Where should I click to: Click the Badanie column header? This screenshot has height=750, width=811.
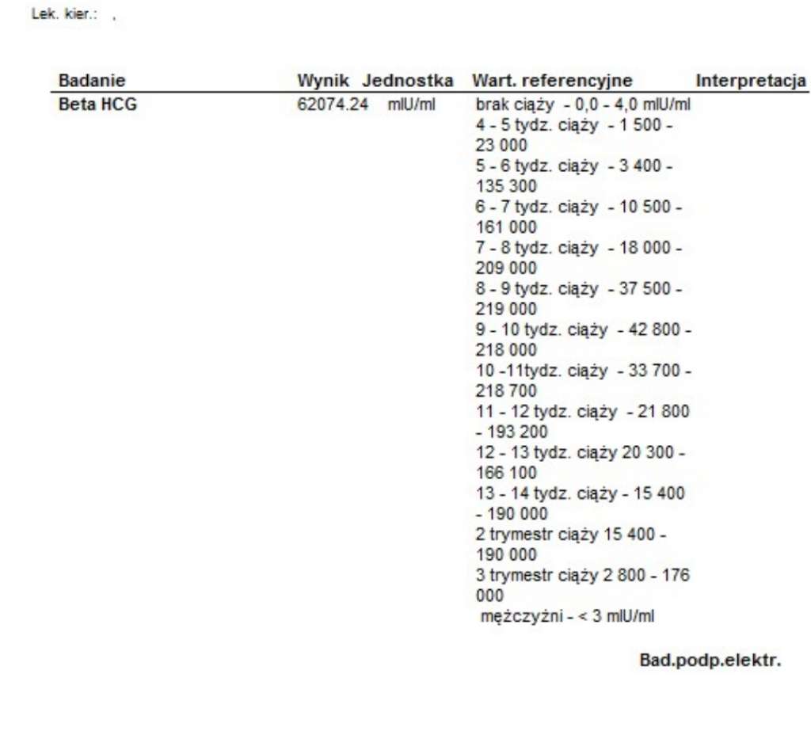click(92, 81)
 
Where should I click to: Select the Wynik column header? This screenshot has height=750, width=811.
click(326, 81)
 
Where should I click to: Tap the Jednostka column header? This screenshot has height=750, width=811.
click(408, 81)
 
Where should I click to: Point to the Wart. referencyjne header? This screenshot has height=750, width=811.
click(552, 81)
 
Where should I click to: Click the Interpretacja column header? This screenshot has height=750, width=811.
click(751, 81)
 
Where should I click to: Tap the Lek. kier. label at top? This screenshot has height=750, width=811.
click(63, 14)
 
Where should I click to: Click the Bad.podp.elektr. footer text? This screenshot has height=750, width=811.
click(710, 660)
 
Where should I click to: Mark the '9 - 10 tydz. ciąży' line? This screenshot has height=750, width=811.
click(583, 329)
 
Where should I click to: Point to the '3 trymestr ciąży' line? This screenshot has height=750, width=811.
click(583, 575)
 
